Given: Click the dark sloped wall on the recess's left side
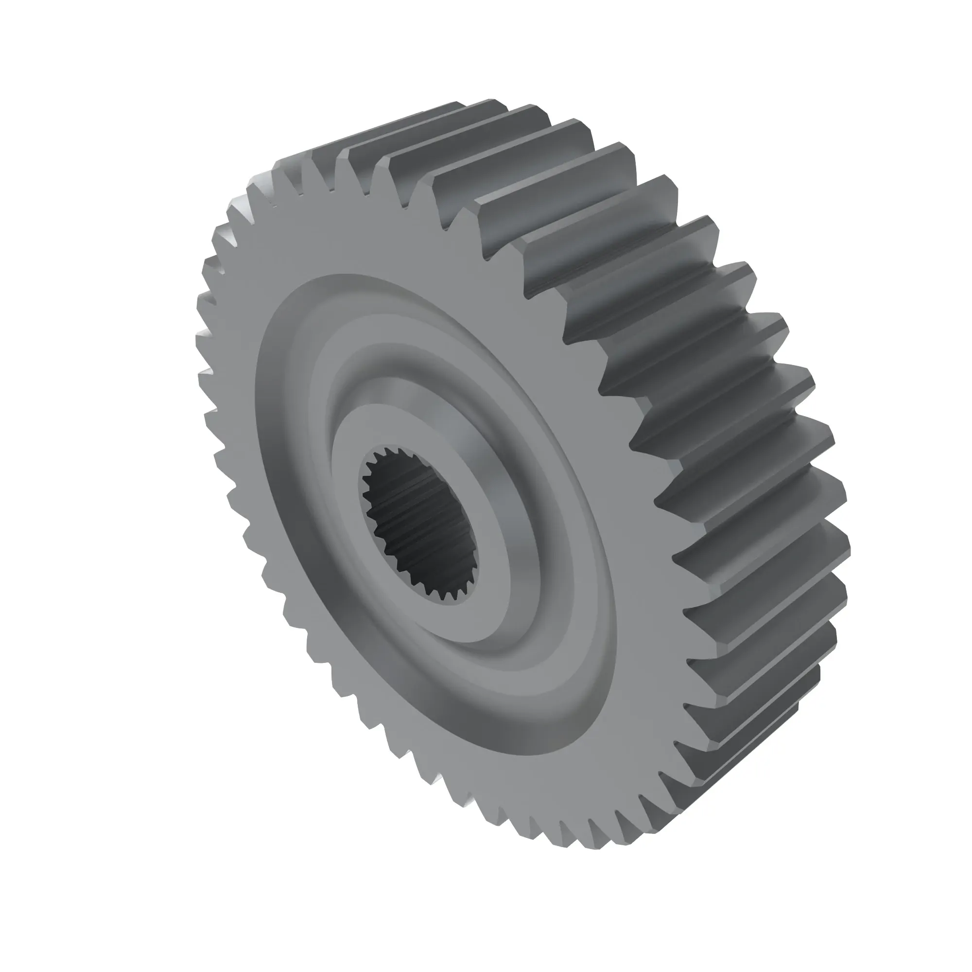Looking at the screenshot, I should (x=282, y=453).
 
